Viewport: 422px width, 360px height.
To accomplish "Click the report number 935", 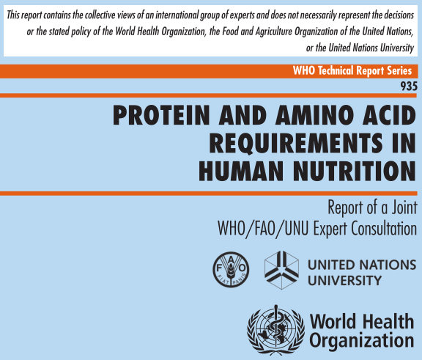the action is (x=409, y=87).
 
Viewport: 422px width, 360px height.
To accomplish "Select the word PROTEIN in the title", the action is (x=161, y=115).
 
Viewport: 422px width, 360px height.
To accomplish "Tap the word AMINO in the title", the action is (x=314, y=115).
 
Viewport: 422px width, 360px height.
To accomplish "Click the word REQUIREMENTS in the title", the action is (x=296, y=143).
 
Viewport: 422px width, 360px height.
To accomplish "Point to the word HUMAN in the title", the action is (x=241, y=172).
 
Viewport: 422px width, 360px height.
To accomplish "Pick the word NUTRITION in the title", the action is (x=355, y=172).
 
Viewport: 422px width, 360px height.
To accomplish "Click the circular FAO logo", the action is (x=231, y=270).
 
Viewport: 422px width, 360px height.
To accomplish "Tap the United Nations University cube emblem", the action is (x=282, y=270).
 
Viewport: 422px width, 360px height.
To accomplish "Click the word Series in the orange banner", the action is (x=399, y=71).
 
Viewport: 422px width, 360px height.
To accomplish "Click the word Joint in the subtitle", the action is (x=404, y=207).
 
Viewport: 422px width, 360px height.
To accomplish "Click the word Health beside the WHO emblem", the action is (x=388, y=321).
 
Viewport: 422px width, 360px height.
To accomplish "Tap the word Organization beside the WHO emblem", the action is (x=362, y=341).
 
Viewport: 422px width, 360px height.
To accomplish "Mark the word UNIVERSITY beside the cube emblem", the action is (x=345, y=281).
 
